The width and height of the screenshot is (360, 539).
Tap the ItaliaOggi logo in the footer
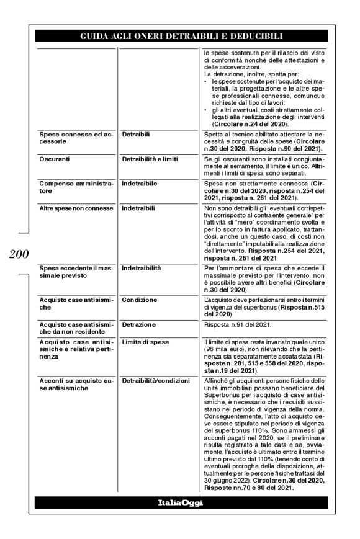[x=179, y=501]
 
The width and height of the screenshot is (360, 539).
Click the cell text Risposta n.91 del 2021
[x=237, y=324]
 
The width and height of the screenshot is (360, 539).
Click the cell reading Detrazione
[x=139, y=324]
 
